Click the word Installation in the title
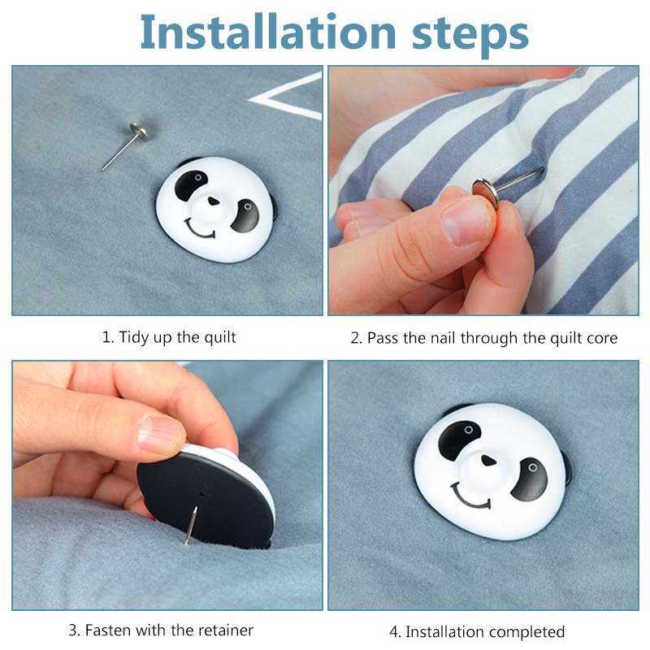(268, 32)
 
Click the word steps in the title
(470, 35)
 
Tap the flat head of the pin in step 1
(138, 132)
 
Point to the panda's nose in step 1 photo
(214, 201)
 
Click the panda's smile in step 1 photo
(199, 230)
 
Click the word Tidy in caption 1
(134, 337)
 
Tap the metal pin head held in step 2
(485, 193)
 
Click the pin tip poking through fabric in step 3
(187, 542)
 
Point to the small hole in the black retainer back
(201, 495)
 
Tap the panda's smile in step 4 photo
(471, 496)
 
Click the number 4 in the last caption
(394, 632)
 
